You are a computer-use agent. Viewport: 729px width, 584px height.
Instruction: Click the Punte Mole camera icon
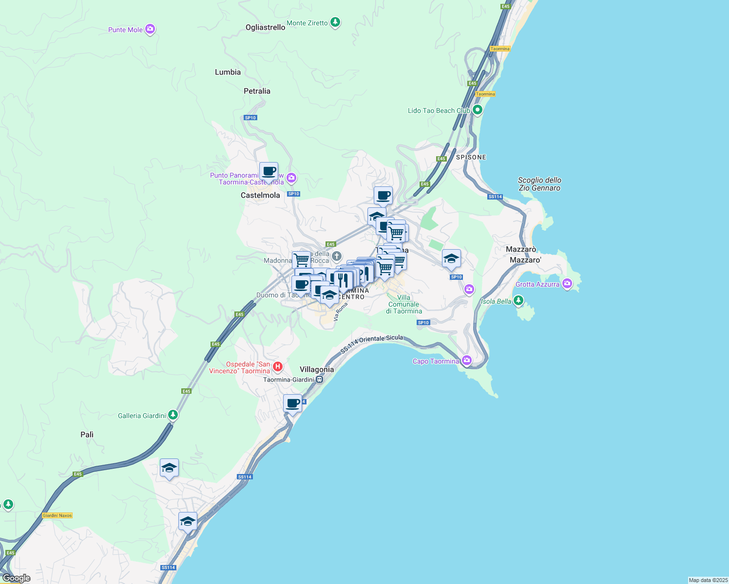click(150, 30)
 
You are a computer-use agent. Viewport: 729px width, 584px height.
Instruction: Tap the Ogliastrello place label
click(265, 27)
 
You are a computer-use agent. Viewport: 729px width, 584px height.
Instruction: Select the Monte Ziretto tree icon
click(335, 22)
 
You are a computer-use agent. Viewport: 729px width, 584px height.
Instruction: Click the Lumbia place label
click(228, 72)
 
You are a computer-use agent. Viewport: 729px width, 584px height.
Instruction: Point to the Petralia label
click(257, 91)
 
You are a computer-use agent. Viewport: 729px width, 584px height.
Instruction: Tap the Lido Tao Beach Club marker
click(478, 110)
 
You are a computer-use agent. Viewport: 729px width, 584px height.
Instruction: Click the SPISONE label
click(471, 157)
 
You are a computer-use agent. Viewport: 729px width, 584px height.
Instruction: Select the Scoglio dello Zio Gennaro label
click(539, 184)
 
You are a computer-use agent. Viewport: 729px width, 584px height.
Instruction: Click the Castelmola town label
click(260, 195)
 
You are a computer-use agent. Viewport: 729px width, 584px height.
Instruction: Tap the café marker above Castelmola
click(269, 172)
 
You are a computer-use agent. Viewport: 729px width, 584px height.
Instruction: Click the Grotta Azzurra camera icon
click(567, 284)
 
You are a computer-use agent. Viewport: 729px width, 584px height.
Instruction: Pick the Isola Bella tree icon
click(518, 301)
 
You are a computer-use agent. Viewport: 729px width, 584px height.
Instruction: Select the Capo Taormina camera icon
click(467, 361)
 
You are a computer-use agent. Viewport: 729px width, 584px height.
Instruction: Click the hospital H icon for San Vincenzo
click(277, 366)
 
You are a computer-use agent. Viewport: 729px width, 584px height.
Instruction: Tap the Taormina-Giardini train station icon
click(319, 380)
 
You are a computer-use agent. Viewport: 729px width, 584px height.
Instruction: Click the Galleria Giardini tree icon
click(173, 415)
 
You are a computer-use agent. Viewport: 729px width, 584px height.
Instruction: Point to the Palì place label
click(87, 435)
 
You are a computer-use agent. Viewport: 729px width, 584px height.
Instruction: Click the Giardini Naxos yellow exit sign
click(58, 515)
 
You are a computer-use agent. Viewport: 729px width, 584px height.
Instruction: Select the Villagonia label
click(317, 369)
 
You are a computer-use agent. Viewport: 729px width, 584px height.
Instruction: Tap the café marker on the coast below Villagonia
click(292, 404)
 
